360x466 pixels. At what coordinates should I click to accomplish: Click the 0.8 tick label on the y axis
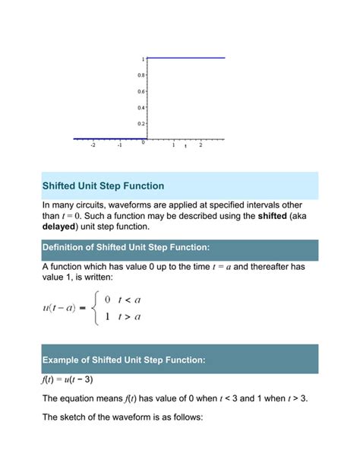[141, 75]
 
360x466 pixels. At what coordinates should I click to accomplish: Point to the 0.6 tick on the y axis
[141, 91]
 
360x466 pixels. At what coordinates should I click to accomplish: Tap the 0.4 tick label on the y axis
[141, 107]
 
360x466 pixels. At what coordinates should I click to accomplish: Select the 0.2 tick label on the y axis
[141, 123]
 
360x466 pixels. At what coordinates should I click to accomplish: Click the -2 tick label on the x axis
[93, 145]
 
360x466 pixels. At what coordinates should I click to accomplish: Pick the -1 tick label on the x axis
[119, 145]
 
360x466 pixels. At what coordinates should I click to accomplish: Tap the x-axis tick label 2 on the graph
[201, 145]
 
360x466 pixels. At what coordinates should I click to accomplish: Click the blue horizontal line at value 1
[186, 58]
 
